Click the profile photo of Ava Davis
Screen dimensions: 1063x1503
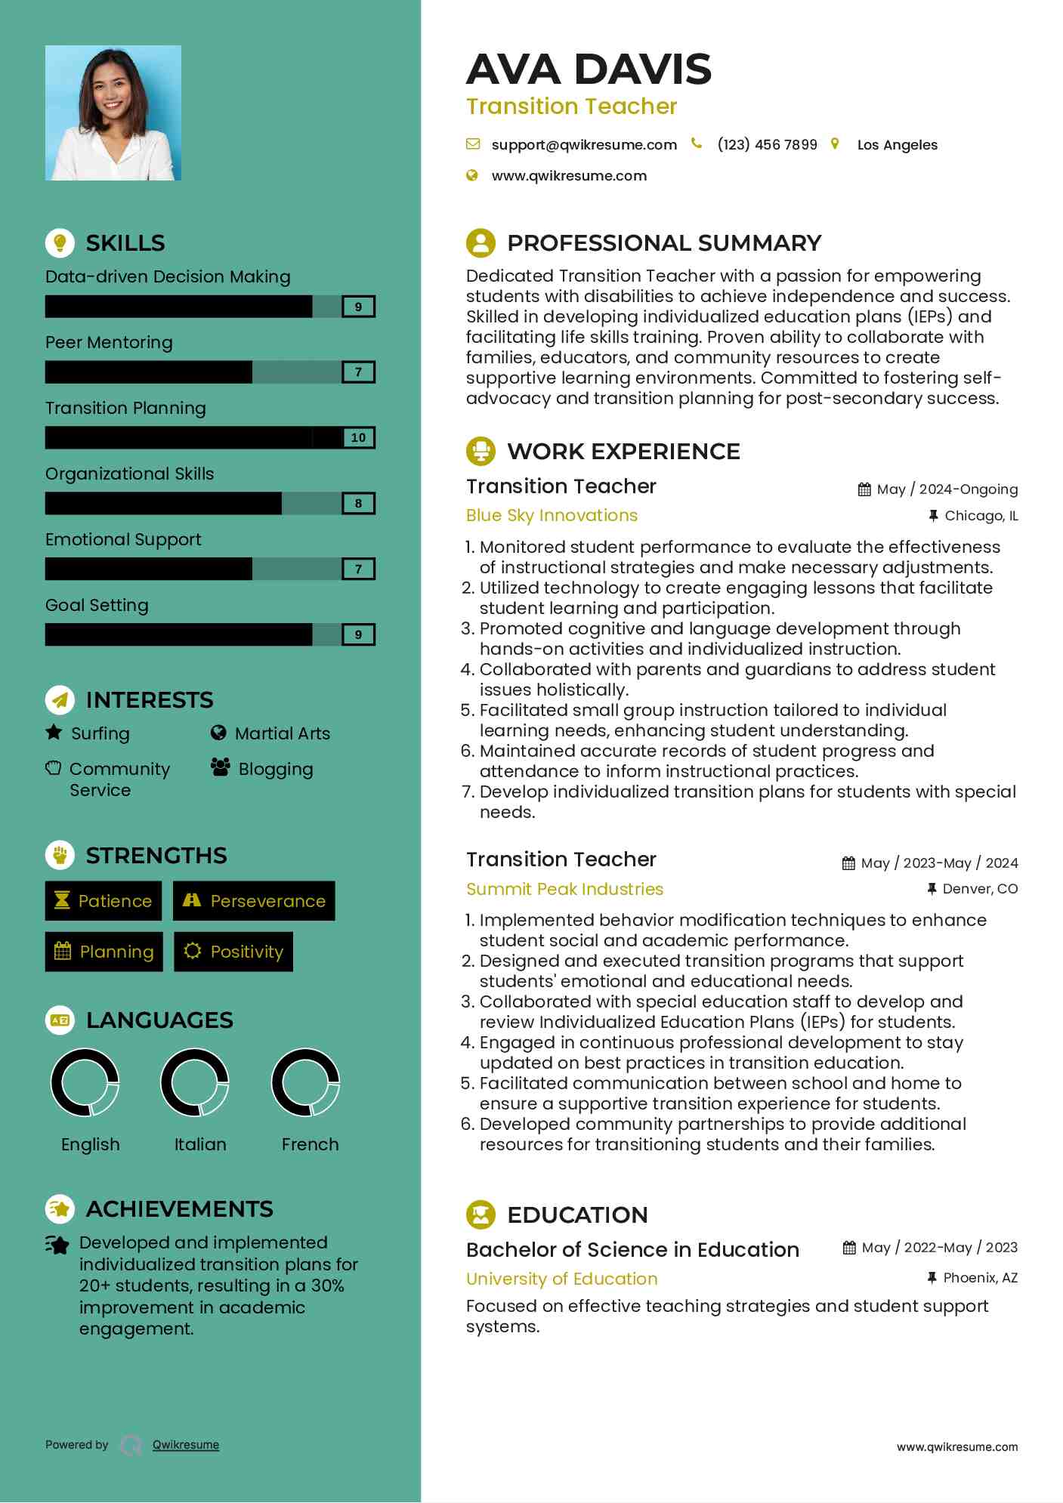113,113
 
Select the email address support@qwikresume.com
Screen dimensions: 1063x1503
583,145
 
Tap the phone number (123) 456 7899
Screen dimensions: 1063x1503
767,145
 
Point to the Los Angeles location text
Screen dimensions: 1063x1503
897,145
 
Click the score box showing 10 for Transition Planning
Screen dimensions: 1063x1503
358,438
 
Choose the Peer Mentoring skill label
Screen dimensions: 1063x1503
109,343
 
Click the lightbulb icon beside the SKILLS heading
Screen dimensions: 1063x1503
60,243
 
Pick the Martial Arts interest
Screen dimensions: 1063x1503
282,733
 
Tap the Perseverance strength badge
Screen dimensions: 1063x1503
254,901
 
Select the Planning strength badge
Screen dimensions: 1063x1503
104,952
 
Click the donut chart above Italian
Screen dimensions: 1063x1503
195,1082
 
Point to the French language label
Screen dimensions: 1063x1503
310,1144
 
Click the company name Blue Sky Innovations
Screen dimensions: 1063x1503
552,516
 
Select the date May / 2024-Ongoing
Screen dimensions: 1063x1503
947,489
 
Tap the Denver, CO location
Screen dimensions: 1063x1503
979,889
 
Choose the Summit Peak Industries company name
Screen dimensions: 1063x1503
564,889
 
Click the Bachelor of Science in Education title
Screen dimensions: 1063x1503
632,1250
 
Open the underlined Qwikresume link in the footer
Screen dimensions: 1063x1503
186,1445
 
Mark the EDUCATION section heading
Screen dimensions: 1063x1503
577,1214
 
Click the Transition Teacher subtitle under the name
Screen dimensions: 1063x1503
571,106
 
